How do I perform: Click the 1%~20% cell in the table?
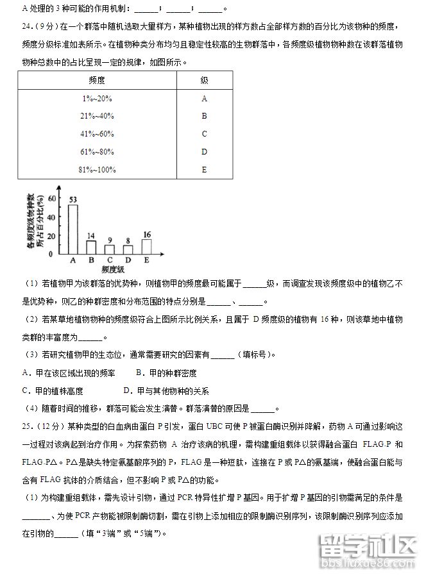pyautogui.click(x=97, y=99)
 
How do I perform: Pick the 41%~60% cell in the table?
pyautogui.click(x=97, y=134)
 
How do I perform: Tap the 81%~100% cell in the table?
pyautogui.click(x=97, y=169)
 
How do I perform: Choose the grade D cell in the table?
pyautogui.click(x=204, y=152)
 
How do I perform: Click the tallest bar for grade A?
pyautogui.click(x=73, y=229)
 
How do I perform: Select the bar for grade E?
pyautogui.click(x=146, y=246)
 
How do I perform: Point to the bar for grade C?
pyautogui.click(x=110, y=249)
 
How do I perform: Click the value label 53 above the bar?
pyautogui.click(x=73, y=199)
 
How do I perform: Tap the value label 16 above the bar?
pyautogui.click(x=147, y=234)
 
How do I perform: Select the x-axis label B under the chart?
pyautogui.click(x=91, y=260)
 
